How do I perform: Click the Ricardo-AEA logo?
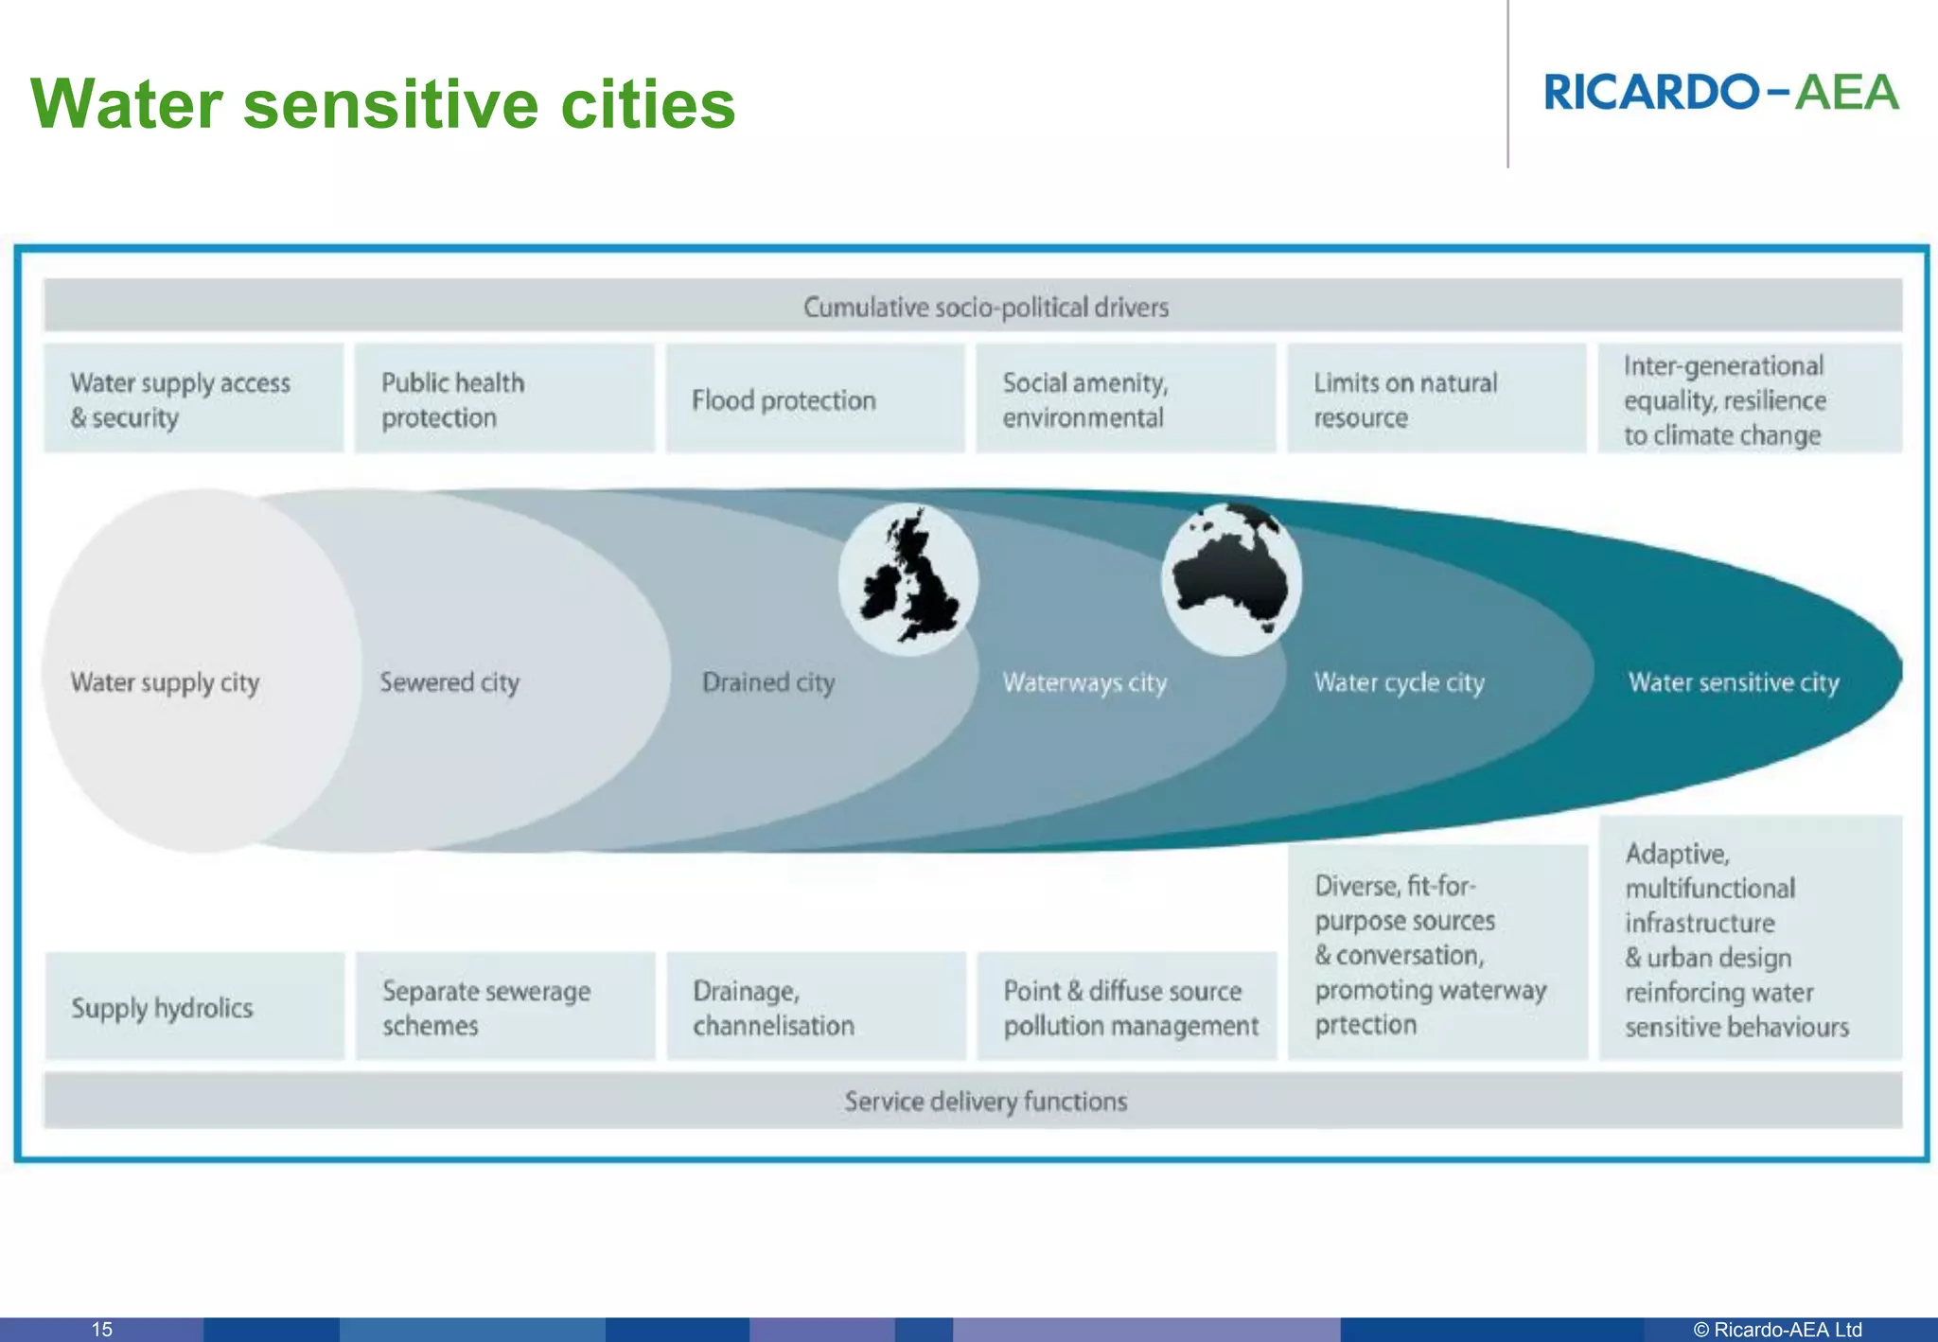1721,93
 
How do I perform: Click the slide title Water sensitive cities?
383,104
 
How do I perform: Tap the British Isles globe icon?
907,580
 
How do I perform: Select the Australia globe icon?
1231,579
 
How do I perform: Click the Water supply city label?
165,683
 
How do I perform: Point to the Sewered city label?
449,682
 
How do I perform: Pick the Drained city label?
768,682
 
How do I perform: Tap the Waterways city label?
1084,682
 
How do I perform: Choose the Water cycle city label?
1399,682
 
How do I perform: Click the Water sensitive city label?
1733,682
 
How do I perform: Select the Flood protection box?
815,399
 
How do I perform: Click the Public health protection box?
504,399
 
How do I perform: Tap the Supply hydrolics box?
194,1007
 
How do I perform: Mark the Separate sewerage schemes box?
504,1007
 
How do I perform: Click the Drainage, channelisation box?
815,1007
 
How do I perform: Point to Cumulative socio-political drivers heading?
986,308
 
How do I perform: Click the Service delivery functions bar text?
986,1101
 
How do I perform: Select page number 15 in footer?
101,1329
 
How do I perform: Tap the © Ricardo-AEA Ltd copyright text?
1777,1329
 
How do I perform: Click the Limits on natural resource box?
1436,399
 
